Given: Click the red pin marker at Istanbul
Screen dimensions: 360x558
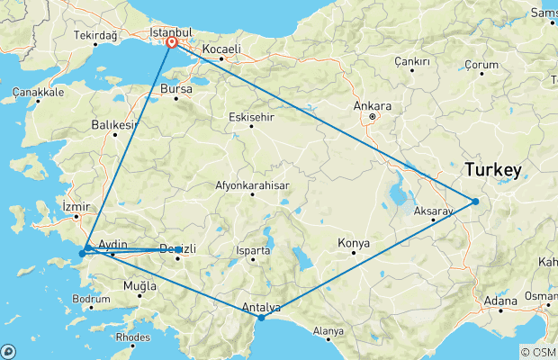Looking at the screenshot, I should coord(171,41).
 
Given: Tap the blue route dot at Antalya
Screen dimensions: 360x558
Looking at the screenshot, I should coord(261,318).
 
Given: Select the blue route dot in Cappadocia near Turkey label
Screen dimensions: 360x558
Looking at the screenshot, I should coord(475,201).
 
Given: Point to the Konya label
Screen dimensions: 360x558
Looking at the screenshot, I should coord(353,243).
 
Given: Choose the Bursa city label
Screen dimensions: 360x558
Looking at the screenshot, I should coord(176,89).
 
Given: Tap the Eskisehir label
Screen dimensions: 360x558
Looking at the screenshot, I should coord(251,116).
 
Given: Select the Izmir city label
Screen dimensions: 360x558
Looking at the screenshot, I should coord(76,206).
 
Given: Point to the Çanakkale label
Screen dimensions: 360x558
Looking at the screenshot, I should coord(38,93).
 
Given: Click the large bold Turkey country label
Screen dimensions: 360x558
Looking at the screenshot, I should coord(493,170).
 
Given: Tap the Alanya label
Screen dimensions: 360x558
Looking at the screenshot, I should coord(328,330).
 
